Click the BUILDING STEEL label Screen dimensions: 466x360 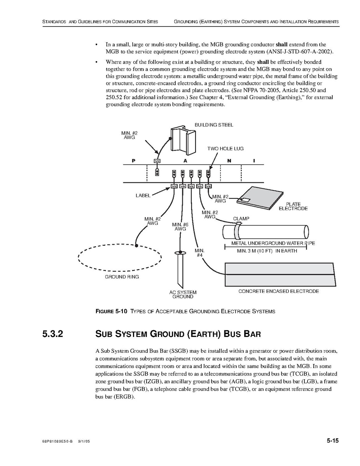pos(214,125)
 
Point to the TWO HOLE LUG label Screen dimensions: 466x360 pos(225,149)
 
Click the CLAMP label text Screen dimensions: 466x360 pos(241,219)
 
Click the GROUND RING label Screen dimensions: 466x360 pos(122,277)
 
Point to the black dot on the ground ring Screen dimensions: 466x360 pos(136,246)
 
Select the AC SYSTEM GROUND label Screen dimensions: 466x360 pos(183,294)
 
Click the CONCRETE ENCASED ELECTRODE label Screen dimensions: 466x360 pos(278,291)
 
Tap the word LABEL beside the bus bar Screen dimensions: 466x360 pos(143,196)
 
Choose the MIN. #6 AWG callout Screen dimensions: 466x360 pos(180,227)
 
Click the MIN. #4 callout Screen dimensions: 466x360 pos(199,253)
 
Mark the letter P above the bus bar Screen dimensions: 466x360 pos(133,161)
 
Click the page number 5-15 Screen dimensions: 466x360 pos(333,441)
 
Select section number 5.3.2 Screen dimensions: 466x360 pos(53,334)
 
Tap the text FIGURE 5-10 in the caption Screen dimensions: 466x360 pos(110,311)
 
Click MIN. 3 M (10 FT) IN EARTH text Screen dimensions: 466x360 pos(267,251)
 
